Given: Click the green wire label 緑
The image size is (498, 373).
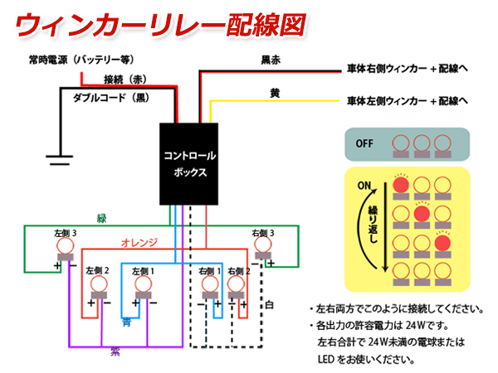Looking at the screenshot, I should tap(101, 218).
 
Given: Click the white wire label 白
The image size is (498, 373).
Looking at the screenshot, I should tap(270, 304).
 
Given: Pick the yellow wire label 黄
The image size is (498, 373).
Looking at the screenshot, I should tap(274, 93).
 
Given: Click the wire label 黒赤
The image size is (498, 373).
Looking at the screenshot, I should tap(271, 60).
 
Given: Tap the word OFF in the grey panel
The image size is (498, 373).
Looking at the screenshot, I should tap(365, 143).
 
